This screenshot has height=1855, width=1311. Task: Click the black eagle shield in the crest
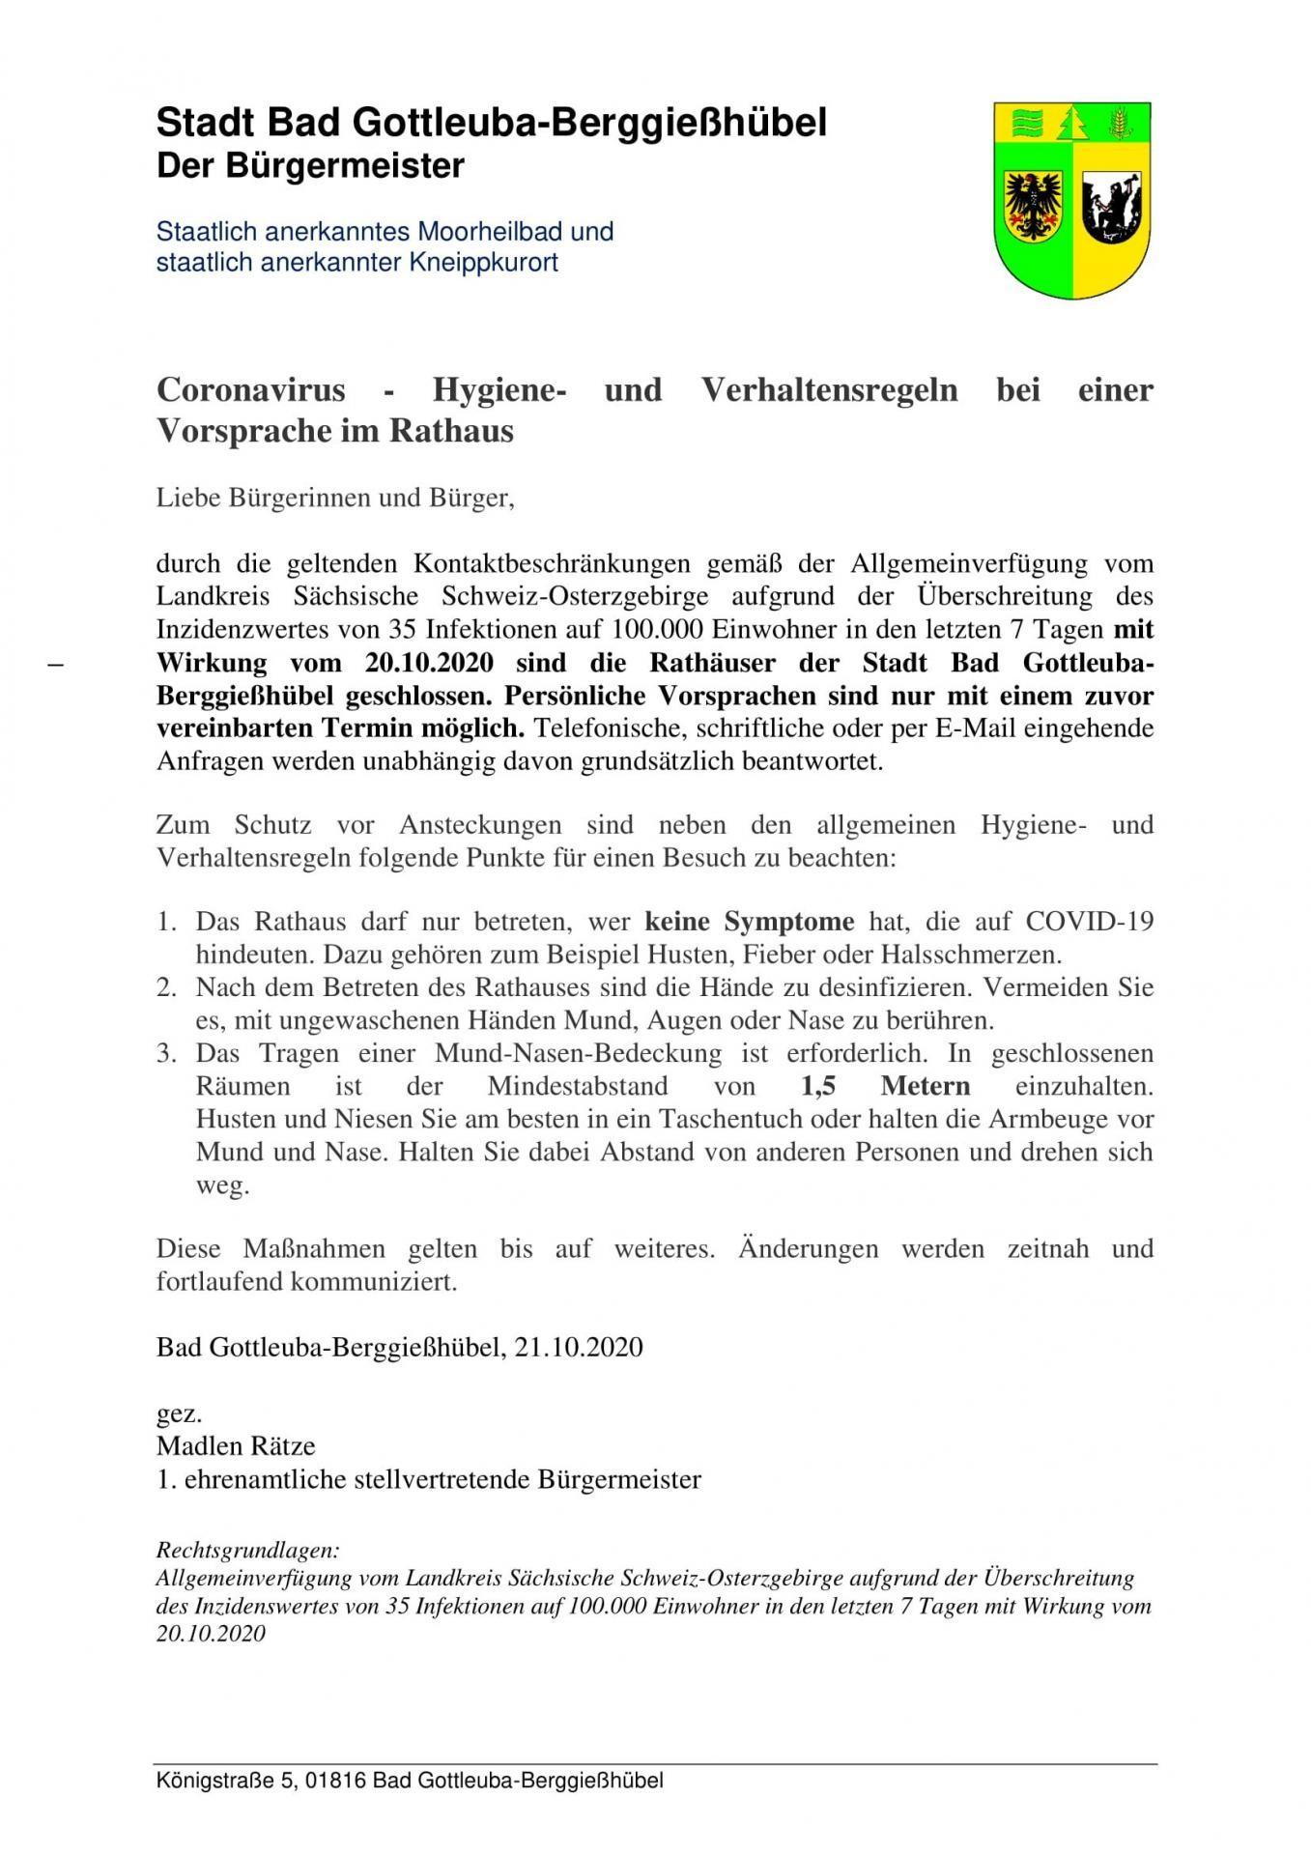coord(1033,207)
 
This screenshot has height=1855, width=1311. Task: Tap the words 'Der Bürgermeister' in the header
coord(310,166)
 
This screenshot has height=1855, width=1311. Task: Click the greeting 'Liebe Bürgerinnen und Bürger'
coord(334,499)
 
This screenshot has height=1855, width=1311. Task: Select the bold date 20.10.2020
coord(429,663)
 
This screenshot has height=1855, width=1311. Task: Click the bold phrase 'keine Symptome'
coord(750,921)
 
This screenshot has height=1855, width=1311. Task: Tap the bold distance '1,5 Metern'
coord(886,1086)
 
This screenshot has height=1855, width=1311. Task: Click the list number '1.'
coord(167,921)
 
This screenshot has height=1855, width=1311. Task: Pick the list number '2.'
coord(167,986)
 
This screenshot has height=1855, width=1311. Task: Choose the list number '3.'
coord(167,1052)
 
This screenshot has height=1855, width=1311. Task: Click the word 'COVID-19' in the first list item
coord(1089,921)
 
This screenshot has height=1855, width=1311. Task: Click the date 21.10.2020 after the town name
coord(579,1347)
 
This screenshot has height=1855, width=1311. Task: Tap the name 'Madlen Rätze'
coord(236,1445)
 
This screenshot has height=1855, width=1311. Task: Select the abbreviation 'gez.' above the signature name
coord(180,1413)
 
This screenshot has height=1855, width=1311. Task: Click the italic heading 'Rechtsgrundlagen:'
coord(247,1551)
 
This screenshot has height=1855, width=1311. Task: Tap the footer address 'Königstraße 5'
coord(225,1781)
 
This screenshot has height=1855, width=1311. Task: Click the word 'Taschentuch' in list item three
coord(735,1119)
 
